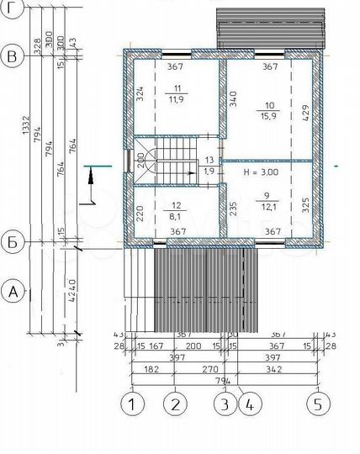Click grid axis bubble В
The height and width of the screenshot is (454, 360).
(12, 57)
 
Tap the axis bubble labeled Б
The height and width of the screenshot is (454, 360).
(12, 243)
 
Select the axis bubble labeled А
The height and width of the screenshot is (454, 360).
(12, 293)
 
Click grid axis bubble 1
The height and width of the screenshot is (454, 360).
(133, 404)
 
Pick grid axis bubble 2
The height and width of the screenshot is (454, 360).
(174, 404)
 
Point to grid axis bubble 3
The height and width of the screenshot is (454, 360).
(223, 404)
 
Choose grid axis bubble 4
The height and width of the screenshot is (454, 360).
(247, 404)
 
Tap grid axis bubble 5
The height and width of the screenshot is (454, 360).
(317, 404)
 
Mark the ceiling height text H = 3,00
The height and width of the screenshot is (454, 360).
(261, 172)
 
